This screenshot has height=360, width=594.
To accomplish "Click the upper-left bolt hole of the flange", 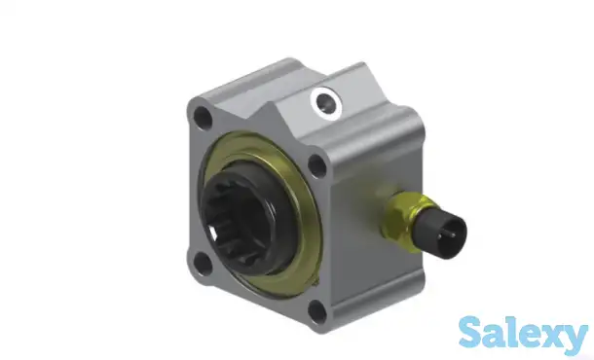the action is pos(203,117).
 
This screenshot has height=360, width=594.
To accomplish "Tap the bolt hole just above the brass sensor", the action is pos(317,165).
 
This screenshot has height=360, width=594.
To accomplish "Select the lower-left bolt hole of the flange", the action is pos(202,263).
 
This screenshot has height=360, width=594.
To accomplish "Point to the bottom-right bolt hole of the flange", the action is pos(317,311).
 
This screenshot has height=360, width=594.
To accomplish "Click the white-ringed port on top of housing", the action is pos(326,103).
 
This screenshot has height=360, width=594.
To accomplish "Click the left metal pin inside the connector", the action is pos(440,236).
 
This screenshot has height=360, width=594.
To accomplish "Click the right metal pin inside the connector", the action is pos(453,234).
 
